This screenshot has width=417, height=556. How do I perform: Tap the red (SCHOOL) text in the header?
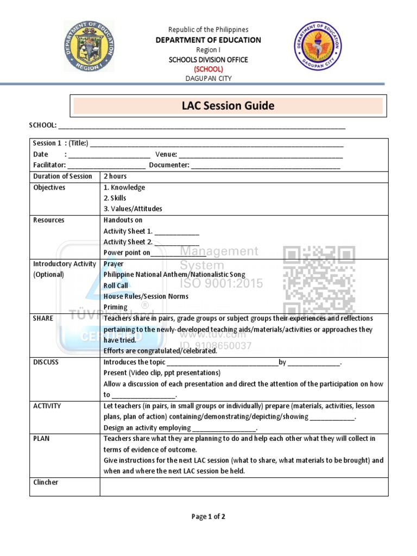point(208,69)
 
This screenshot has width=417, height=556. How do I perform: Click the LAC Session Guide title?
point(228,106)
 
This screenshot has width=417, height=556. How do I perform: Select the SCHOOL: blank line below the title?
point(201,126)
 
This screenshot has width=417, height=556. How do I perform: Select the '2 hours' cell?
point(115,176)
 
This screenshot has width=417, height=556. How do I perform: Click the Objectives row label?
point(49,187)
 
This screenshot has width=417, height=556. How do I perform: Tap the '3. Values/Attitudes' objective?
point(132,209)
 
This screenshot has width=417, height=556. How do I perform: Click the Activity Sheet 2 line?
point(151,242)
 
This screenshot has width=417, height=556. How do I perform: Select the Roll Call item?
point(116,286)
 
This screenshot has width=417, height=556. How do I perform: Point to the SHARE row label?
point(43,318)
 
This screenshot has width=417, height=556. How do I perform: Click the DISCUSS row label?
point(46,362)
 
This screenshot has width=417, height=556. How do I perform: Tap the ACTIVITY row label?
point(47,406)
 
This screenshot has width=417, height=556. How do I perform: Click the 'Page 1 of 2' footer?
point(208,517)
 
